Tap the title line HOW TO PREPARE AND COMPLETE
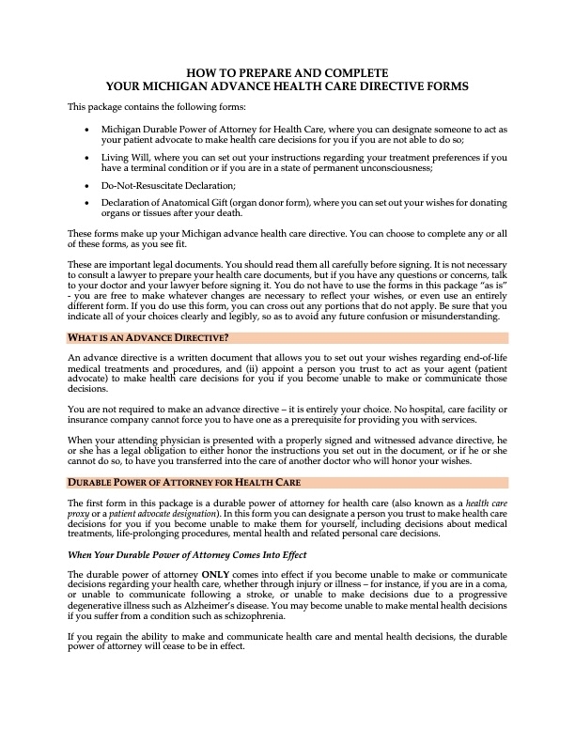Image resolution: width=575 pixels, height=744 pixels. pyautogui.click(x=287, y=72)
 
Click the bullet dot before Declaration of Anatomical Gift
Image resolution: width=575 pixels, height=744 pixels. pyautogui.click(x=87, y=203)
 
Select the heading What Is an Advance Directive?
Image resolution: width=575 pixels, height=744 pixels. pyautogui.click(x=148, y=337)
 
